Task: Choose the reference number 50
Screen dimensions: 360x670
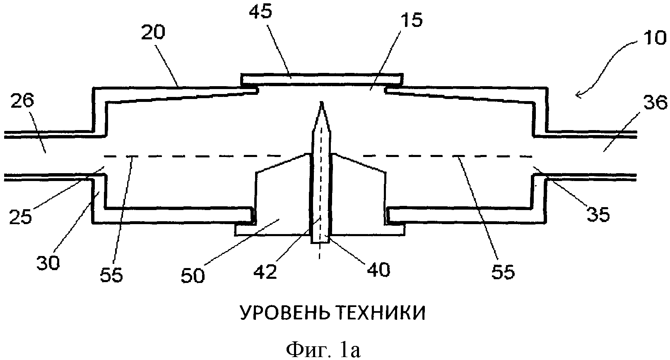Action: tap(193, 275)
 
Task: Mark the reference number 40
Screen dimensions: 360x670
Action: tap(378, 270)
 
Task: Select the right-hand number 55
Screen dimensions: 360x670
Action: tap(503, 272)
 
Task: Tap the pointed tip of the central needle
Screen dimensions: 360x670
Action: tap(321, 103)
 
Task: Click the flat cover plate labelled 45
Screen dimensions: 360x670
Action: tap(321, 78)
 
